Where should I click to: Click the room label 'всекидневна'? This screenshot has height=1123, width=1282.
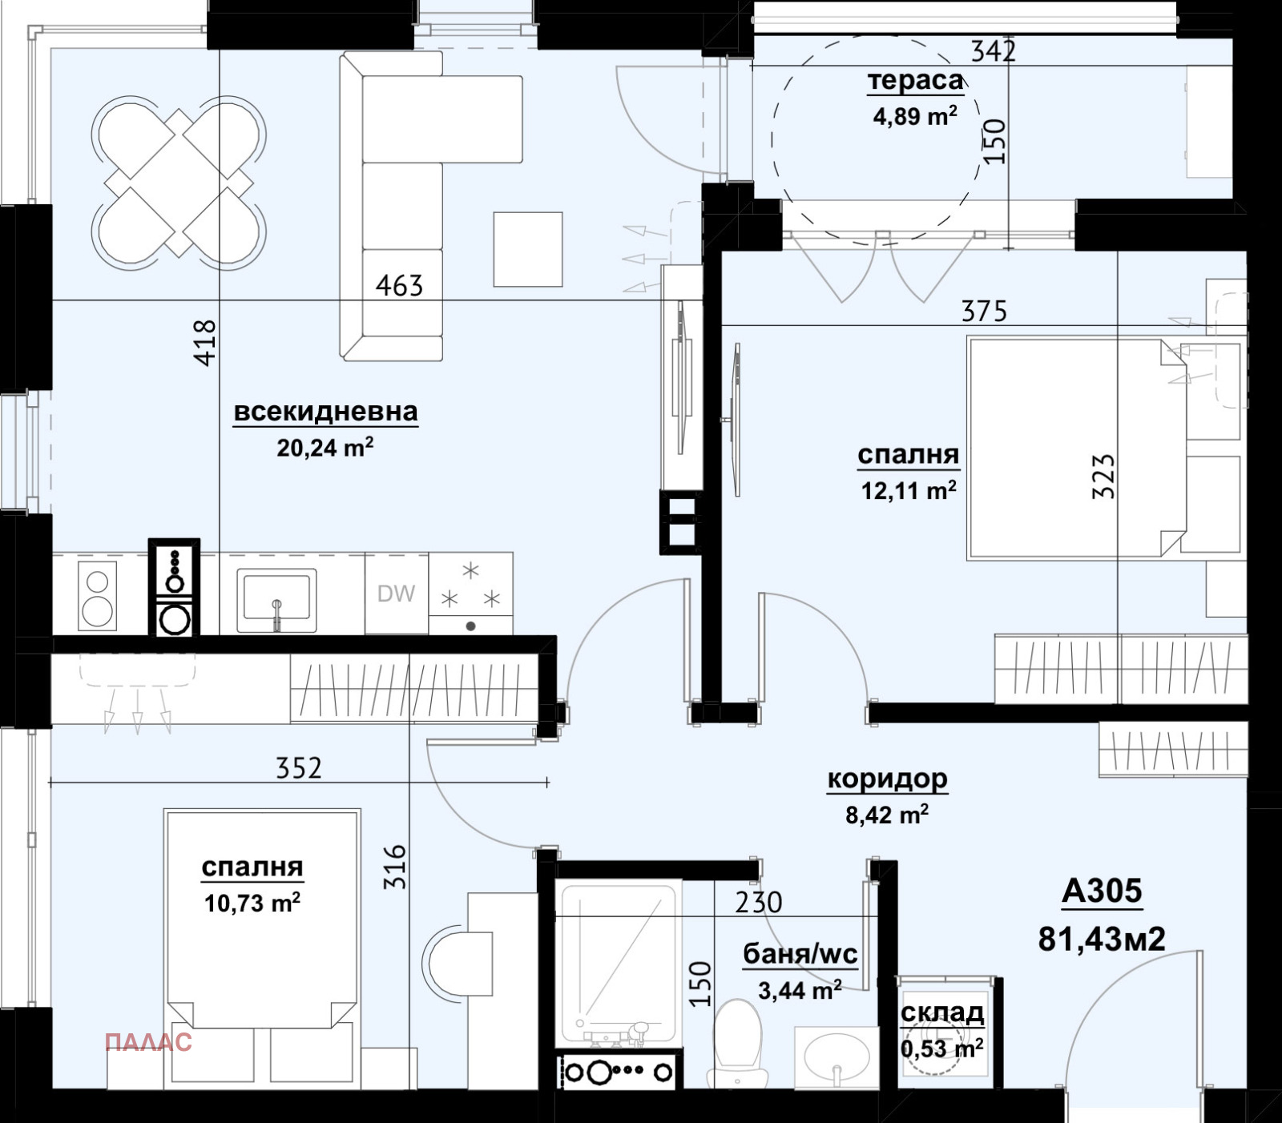point(325,412)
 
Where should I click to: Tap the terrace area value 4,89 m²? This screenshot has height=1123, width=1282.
point(915,116)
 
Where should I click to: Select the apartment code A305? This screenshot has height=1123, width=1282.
point(1102,891)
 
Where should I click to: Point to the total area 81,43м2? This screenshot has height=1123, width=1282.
point(1102,938)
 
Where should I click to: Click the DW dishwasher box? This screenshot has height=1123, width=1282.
point(397,594)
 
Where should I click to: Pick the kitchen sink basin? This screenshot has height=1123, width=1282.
point(276,595)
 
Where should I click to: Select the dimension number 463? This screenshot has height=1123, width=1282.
point(399,285)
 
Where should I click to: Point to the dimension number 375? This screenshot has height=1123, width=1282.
point(984,311)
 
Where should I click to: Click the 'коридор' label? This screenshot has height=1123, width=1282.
point(887,779)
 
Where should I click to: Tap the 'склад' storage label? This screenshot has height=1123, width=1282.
point(942,1013)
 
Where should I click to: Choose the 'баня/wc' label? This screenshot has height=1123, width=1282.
point(800,954)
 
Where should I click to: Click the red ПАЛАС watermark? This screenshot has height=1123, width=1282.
point(148,1042)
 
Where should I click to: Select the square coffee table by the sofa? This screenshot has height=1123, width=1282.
point(528,249)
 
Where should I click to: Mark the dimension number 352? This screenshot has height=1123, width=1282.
point(298,768)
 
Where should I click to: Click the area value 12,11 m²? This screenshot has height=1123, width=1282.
point(909,489)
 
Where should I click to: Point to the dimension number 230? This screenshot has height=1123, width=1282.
point(758,903)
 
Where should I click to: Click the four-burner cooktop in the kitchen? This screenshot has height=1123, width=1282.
point(471,594)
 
